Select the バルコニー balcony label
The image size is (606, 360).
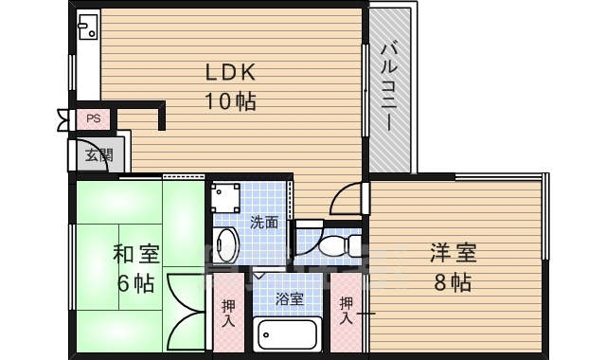[x=389, y=87]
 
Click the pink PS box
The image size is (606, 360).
[x=93, y=118]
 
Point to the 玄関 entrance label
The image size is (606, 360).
[x=97, y=155]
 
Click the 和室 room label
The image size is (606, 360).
[x=136, y=254]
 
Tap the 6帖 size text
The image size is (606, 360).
[x=136, y=282]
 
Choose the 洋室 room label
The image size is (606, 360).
[x=453, y=253]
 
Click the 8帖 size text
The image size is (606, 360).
[x=453, y=281]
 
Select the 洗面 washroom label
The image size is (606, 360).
[x=264, y=224]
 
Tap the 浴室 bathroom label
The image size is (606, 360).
[x=289, y=299]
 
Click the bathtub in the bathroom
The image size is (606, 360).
[x=287, y=334]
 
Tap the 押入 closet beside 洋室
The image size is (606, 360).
[x=347, y=312]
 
